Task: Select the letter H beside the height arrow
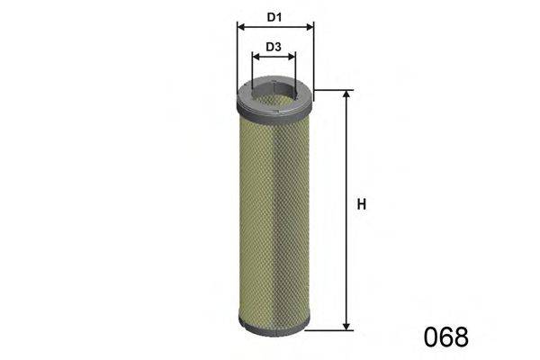[x=361, y=205]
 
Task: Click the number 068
[x=445, y=337]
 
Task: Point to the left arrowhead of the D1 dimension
[x=239, y=27]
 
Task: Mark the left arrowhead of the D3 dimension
[x=255, y=57]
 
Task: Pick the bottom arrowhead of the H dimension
[x=346, y=326]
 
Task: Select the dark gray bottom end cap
[x=274, y=324]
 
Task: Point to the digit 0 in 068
[x=429, y=337]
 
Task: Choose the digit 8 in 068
[x=460, y=337]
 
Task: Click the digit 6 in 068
[x=445, y=337]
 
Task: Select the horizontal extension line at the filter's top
[x=331, y=90]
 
